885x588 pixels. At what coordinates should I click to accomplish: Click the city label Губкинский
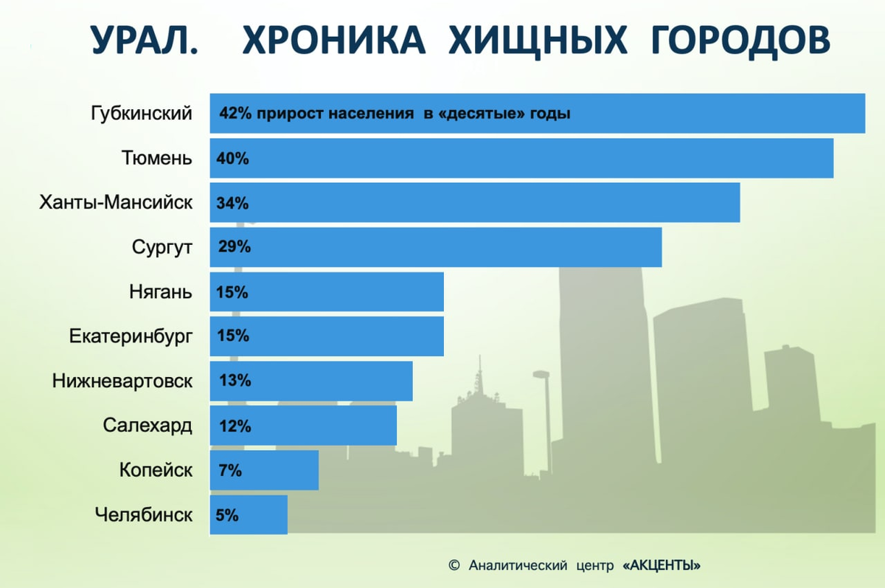pos(142,114)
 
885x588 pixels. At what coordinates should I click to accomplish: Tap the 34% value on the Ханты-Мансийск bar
pos(232,203)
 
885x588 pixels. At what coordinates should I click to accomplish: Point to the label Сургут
pos(162,247)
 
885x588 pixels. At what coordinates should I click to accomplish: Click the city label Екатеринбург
pos(131,336)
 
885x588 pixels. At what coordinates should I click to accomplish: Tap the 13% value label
pos(235,381)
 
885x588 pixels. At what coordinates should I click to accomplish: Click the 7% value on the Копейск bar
pos(230,470)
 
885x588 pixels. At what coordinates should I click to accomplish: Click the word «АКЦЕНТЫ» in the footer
pos(661,566)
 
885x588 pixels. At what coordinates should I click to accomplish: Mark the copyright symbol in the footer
pos(454,566)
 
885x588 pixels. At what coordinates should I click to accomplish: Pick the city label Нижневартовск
pos(122,381)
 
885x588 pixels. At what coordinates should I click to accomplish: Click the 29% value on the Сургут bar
pos(235,247)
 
